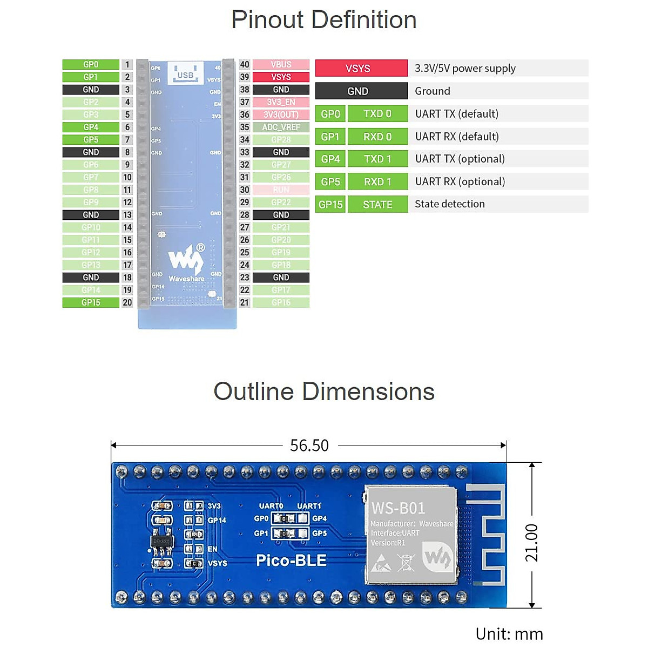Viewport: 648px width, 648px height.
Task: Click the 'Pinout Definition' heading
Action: [x=324, y=20]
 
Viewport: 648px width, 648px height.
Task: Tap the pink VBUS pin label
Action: [x=281, y=64]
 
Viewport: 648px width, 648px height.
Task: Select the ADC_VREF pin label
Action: [x=281, y=127]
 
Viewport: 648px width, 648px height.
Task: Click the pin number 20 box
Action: [x=127, y=302]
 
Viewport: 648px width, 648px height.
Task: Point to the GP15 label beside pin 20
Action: [x=91, y=302]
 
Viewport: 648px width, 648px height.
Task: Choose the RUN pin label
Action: [x=281, y=190]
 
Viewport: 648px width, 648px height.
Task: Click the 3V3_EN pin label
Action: [x=281, y=102]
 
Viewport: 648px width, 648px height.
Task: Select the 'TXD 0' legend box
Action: [x=377, y=114]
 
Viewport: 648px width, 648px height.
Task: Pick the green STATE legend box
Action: [x=377, y=204]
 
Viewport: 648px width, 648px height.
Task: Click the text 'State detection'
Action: [x=450, y=204]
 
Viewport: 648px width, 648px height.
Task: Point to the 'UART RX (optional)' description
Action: [x=460, y=181]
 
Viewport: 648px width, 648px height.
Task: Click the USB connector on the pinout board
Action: [x=185, y=74]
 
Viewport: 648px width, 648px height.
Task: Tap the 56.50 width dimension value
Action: [x=309, y=446]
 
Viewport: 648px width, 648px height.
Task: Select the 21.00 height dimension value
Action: [x=532, y=542]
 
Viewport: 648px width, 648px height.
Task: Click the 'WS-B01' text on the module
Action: [x=399, y=508]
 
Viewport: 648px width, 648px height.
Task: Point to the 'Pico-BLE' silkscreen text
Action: [x=291, y=561]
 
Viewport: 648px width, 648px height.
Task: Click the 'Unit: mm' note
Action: [x=509, y=634]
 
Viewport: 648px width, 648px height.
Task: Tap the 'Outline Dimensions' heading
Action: [x=324, y=391]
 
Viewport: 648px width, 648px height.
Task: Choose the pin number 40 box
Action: [x=245, y=64]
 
